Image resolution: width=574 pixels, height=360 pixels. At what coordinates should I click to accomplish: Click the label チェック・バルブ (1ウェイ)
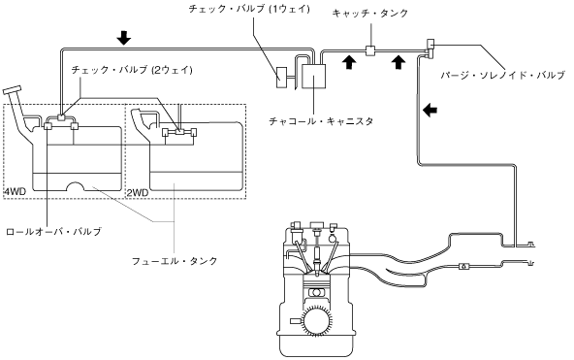pyautogui.click(x=249, y=9)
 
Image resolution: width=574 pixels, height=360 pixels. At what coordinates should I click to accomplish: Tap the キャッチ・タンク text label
pyautogui.click(x=370, y=14)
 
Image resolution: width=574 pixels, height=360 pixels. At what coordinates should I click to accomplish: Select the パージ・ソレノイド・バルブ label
pyautogui.click(x=503, y=76)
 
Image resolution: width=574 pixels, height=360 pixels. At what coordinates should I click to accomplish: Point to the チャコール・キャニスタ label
pyautogui.click(x=321, y=121)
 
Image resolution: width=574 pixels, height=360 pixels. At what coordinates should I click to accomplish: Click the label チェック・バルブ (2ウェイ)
pyautogui.click(x=132, y=70)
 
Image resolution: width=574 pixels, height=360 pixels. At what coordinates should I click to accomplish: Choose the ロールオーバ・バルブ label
pyautogui.click(x=54, y=232)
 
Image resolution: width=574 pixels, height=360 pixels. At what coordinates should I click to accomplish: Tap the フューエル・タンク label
pyautogui.click(x=175, y=261)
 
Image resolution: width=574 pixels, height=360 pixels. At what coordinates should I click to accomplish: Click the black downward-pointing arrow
pyautogui.click(x=124, y=37)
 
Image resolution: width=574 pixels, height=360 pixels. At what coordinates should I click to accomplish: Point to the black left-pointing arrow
pyautogui.click(x=430, y=109)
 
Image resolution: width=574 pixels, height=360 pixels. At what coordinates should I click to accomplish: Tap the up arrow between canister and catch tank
pyautogui.click(x=349, y=61)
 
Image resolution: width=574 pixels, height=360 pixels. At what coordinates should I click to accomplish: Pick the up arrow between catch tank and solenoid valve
pyautogui.click(x=399, y=61)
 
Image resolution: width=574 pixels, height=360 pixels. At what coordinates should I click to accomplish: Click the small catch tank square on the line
pyautogui.click(x=370, y=50)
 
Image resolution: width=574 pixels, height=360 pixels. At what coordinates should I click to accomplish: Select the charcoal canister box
pyautogui.click(x=314, y=77)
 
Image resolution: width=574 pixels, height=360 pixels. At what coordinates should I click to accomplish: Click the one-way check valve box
pyautogui.click(x=282, y=78)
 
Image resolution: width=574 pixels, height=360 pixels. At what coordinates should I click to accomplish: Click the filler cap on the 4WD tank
pyautogui.click(x=12, y=89)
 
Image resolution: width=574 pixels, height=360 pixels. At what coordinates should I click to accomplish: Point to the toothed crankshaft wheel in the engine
pyautogui.click(x=315, y=319)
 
